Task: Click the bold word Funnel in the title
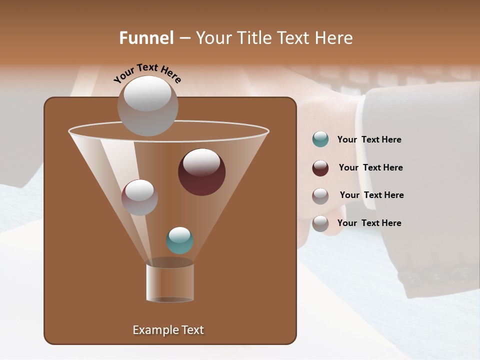pos(146,38)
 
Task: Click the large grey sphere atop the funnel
pos(147,106)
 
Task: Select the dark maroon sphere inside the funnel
pos(201,172)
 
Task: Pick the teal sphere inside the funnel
pos(179,240)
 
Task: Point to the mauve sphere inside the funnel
pos(139,197)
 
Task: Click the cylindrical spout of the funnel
pos(170,283)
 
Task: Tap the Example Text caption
pos(168,330)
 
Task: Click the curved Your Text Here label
pos(147,73)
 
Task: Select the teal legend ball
pos(320,139)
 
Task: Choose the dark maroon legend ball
pos(320,168)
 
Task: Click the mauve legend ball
pos(320,196)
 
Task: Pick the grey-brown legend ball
pos(320,223)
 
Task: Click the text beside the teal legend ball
pos(369,139)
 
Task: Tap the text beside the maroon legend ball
pos(370,167)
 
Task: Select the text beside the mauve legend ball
pos(371,195)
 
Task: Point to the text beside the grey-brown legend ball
pos(369,223)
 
